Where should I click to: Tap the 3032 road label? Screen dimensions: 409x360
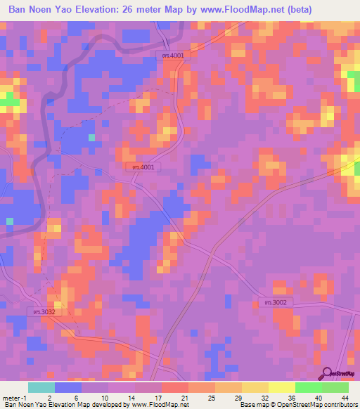pyautogui.click(x=43, y=311)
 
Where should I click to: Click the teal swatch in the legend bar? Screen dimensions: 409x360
pyautogui.click(x=41, y=387)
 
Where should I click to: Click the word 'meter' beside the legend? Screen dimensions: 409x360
pyautogui.click(x=12, y=396)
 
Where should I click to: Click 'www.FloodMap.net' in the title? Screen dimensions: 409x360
pyautogui.click(x=224, y=8)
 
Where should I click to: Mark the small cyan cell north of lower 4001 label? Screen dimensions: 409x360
pyautogui.click(x=91, y=138)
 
